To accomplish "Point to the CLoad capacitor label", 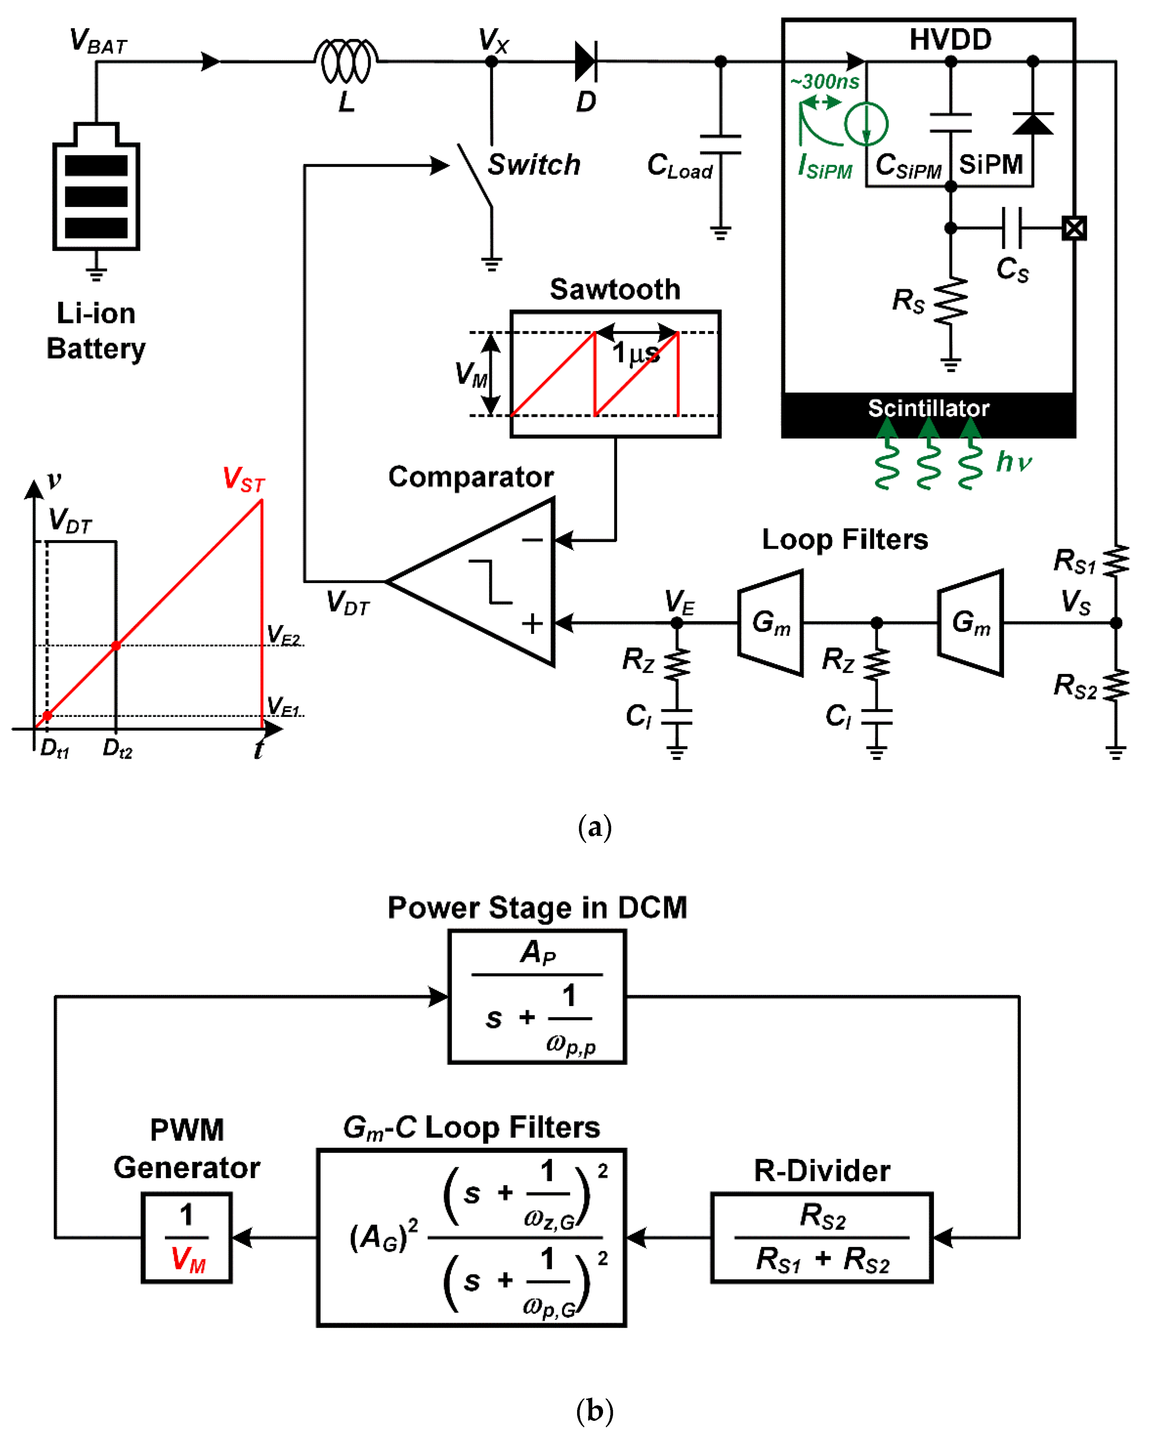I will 679,166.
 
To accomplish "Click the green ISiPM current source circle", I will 866,124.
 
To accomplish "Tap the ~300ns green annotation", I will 825,82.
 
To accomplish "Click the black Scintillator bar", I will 928,414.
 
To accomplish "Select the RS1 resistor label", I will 1075,560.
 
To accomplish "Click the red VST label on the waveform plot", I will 244,480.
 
